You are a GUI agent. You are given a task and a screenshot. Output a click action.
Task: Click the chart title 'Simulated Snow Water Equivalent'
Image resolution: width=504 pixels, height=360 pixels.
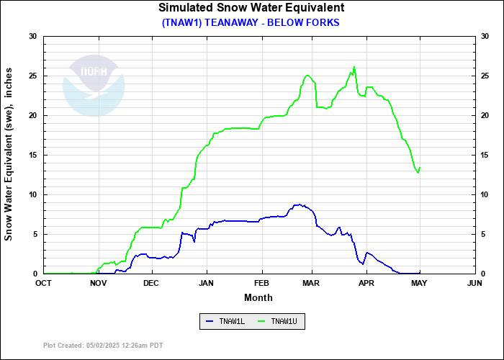point(251,8)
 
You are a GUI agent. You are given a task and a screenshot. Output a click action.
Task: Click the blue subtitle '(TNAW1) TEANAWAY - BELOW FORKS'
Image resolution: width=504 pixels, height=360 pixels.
point(251,22)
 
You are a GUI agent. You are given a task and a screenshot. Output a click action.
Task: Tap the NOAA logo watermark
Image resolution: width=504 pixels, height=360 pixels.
point(94,84)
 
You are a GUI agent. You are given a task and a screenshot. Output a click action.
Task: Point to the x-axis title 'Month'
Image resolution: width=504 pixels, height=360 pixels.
point(258,297)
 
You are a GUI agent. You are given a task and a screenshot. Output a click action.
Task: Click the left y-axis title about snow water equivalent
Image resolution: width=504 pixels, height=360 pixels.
point(9,155)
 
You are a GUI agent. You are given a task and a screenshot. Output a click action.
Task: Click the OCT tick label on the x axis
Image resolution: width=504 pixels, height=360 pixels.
point(44,282)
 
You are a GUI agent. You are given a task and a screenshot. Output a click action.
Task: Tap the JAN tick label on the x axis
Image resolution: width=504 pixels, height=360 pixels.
point(207,282)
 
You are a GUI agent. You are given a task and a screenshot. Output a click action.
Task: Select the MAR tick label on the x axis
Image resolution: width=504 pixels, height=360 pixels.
point(312,282)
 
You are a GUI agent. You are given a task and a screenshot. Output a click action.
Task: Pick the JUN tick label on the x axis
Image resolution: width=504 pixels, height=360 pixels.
point(474,282)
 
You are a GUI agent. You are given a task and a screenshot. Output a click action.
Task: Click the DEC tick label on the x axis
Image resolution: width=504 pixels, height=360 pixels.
point(151,282)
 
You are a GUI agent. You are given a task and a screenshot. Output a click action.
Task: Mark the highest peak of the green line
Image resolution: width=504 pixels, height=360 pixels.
point(354,67)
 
